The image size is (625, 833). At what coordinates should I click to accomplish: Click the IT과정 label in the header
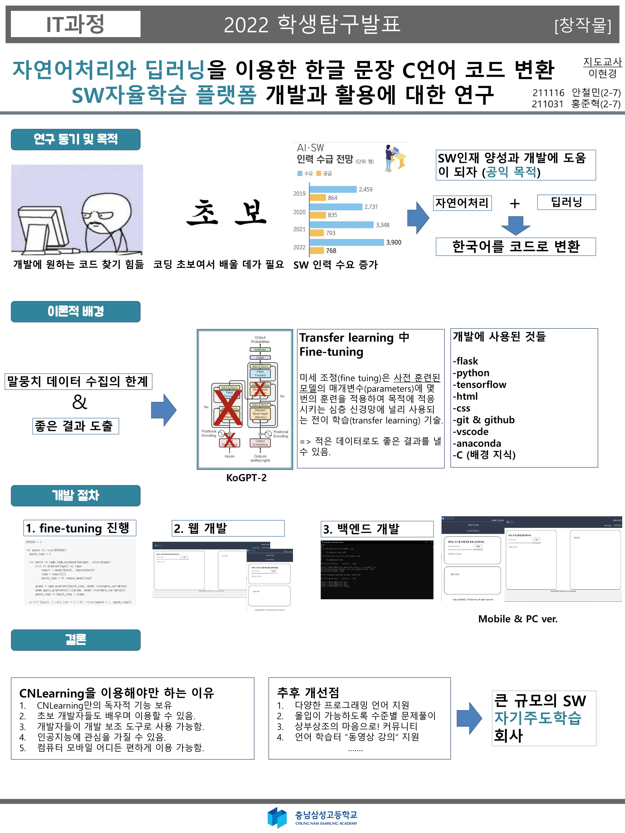pyautogui.click(x=75, y=24)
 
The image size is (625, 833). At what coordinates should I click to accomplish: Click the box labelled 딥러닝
pyautogui.click(x=566, y=202)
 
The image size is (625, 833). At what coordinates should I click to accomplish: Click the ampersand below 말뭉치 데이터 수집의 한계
pyautogui.click(x=79, y=402)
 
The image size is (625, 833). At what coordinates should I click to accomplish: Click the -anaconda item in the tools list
pyautogui.click(x=477, y=443)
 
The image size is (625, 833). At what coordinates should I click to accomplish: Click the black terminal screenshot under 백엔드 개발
pyautogui.click(x=377, y=570)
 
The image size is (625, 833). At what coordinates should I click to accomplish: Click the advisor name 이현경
pyautogui.click(x=602, y=73)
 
